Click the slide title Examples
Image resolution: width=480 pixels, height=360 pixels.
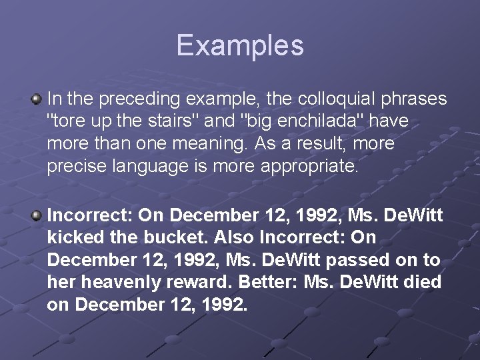tap(240, 45)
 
